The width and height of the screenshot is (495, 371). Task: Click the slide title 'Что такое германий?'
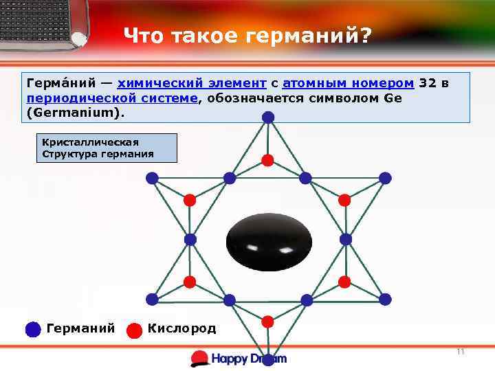coord(246,35)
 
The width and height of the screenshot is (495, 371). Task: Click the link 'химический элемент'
coord(192,83)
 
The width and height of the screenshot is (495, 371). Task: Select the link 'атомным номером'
coord(348,83)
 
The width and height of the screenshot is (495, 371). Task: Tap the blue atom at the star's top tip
coord(268,117)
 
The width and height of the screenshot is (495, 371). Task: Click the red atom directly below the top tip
coord(268,160)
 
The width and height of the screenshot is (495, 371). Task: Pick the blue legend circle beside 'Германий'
coord(33,329)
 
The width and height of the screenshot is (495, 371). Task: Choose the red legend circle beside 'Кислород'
coord(135,330)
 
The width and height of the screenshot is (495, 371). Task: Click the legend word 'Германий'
coord(80,328)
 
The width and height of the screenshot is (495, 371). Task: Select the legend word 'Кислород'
coord(181,328)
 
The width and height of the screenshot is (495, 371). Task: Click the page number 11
coord(461,352)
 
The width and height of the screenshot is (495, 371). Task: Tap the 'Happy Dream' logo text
coord(248,358)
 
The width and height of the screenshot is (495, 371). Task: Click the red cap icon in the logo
coord(199,357)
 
